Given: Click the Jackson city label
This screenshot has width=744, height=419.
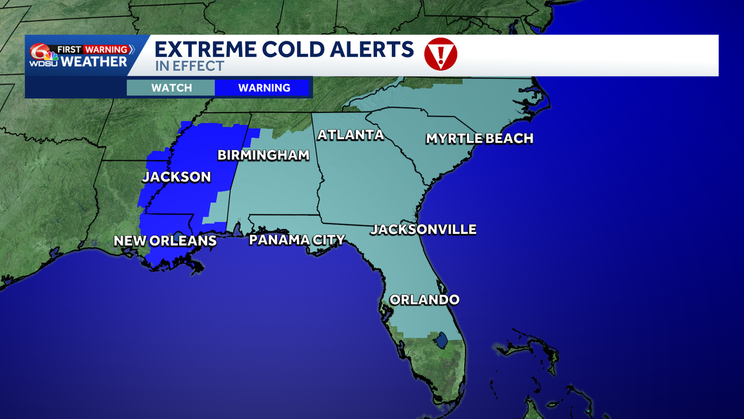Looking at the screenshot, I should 177,177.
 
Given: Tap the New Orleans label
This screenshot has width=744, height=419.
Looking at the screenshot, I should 165,241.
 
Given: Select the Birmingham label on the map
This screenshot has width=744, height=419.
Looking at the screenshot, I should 263,155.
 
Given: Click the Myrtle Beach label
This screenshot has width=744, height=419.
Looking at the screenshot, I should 479,138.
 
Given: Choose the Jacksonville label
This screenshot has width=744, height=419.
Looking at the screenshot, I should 423,230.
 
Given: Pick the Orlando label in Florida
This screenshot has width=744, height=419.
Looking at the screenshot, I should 424,300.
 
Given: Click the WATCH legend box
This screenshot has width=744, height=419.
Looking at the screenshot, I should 171,88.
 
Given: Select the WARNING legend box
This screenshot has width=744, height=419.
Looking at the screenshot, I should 264,88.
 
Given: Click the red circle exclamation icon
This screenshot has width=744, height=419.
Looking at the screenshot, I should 440,55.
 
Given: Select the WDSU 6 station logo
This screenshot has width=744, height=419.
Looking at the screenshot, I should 42,56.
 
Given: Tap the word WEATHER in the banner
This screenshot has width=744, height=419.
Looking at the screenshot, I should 94,61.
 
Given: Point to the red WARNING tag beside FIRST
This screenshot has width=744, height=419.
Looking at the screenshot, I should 105,49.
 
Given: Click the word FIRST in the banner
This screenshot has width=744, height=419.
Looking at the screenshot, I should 69,49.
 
